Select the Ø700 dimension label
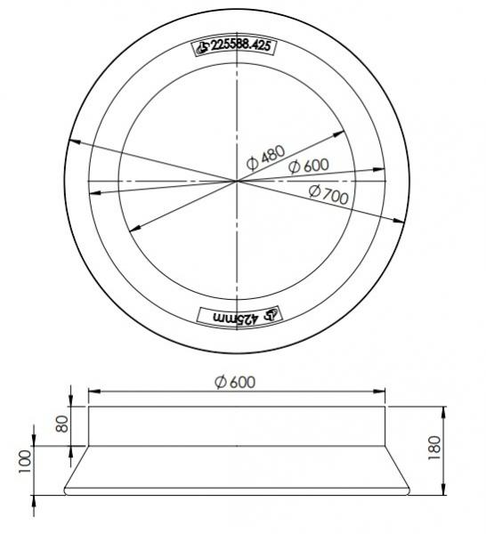point(327,194)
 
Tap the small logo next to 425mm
point(271,313)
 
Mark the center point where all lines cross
point(237,181)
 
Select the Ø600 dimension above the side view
point(235,381)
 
